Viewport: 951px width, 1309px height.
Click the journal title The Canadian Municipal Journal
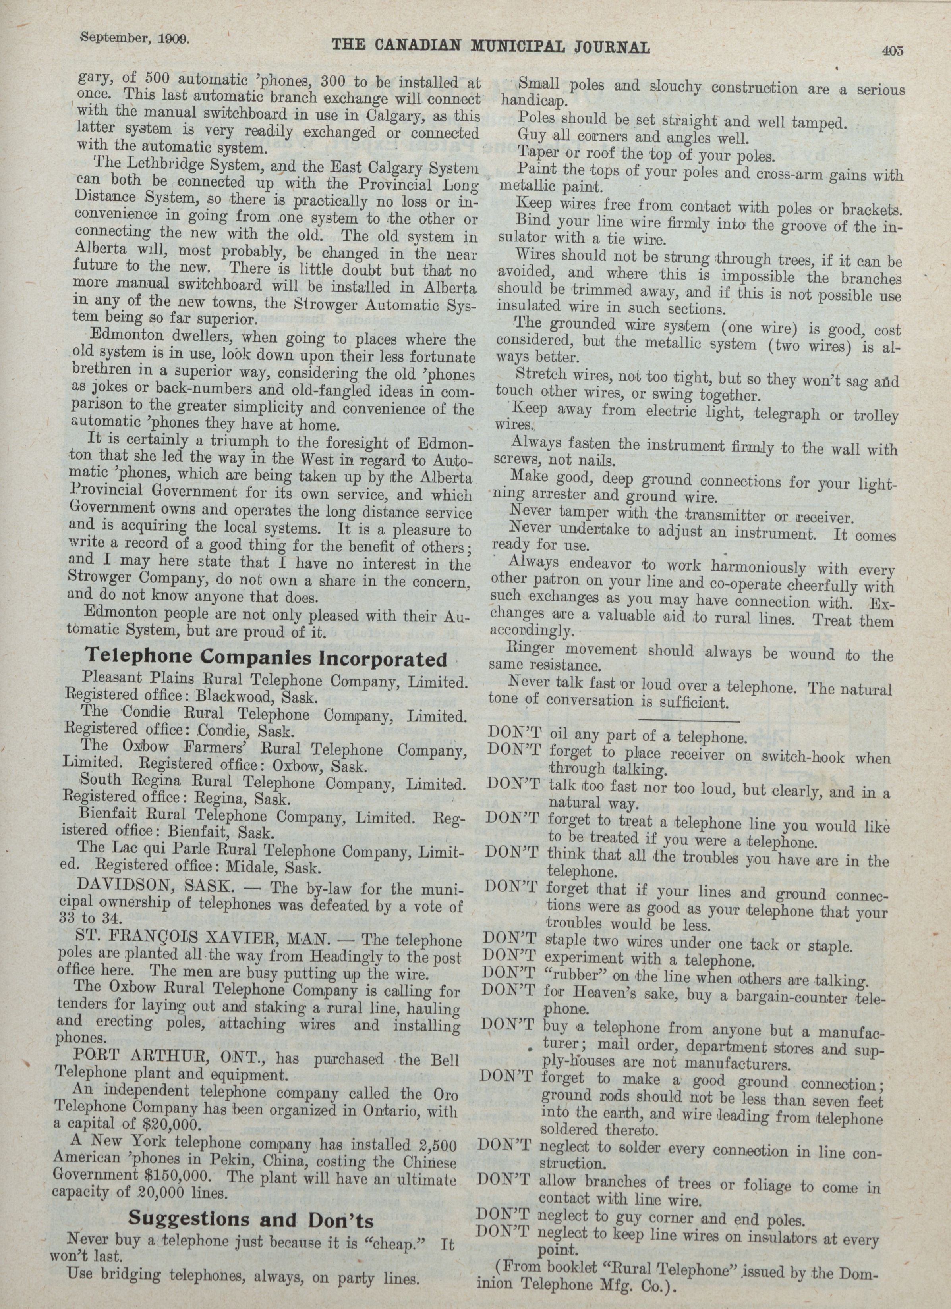coord(491,46)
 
